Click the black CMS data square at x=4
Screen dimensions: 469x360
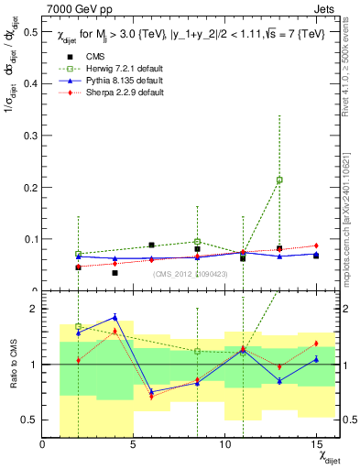(115, 273)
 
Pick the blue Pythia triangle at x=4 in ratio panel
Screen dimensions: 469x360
(115, 317)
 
